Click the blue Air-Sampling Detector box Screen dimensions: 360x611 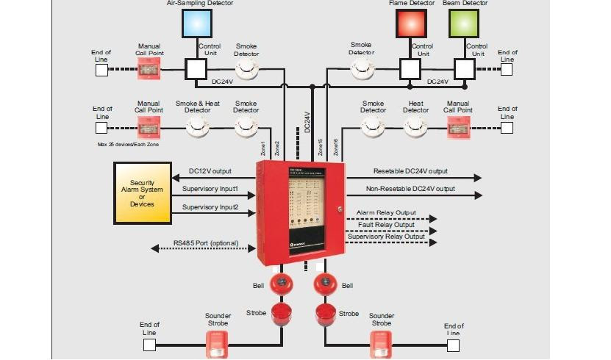tap(196, 23)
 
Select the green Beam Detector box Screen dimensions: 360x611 tap(463, 23)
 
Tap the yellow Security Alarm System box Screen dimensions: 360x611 tap(142, 193)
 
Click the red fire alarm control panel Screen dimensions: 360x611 tap(299, 212)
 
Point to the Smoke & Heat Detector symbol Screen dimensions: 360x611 tap(197, 126)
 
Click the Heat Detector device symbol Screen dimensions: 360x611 tap(415, 127)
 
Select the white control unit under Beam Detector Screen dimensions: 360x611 tap(464, 69)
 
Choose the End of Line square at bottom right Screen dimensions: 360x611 tap(454, 345)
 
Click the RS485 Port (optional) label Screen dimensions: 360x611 tap(206, 242)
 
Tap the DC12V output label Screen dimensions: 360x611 tap(210, 171)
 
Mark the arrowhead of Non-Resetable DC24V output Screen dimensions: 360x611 tap(479, 195)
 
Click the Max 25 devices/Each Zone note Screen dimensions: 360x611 tap(128, 145)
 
